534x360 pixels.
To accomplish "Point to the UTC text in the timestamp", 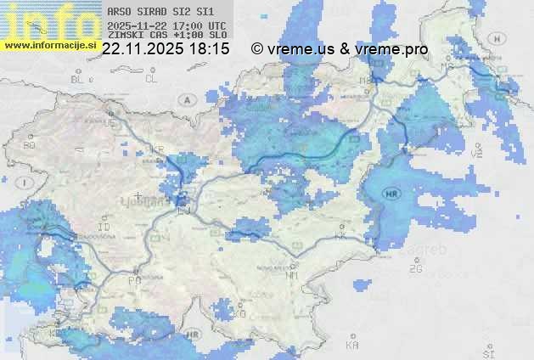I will pos(217,25).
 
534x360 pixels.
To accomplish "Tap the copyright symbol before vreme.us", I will pos(257,49).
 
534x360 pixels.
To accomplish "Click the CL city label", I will pos(151,79).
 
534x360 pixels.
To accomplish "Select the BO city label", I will pos(30,145).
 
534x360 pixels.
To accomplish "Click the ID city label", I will pos(104,228).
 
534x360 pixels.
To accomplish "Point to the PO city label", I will pos(134,279).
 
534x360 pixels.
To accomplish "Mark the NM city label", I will pos(293,275).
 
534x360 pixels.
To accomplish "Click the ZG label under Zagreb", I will pos(415,269).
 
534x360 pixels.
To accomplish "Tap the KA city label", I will pos(352,346).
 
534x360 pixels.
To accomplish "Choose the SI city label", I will pos(487,352).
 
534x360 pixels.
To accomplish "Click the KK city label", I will pos(341,236).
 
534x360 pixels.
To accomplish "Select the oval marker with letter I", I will pos(26,183).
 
